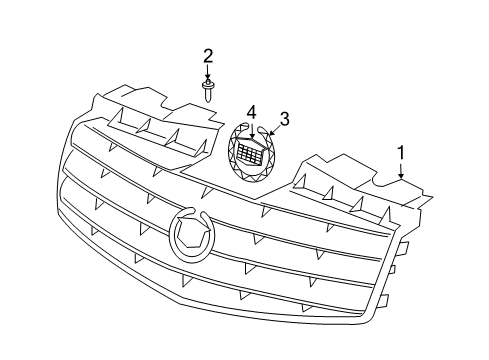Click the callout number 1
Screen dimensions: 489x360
401,153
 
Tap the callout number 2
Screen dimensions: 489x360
208,54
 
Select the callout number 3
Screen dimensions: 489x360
284,119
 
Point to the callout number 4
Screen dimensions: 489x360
252,111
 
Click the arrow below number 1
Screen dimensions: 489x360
401,170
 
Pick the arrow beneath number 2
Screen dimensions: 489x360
208,73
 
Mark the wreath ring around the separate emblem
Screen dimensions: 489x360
235,166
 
